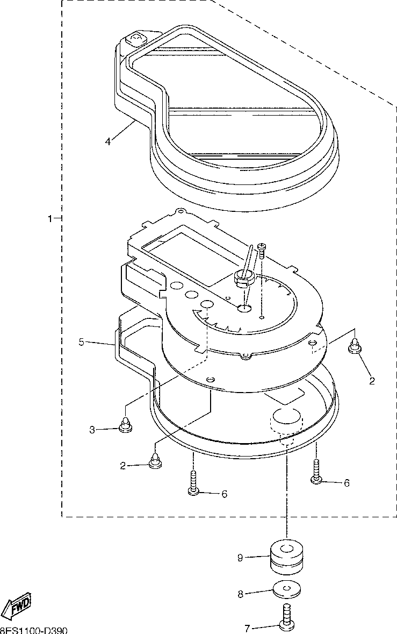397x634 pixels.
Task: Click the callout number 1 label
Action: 50,219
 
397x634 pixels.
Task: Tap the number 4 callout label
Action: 108,141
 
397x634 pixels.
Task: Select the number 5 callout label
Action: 81,341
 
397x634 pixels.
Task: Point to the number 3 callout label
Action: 92,429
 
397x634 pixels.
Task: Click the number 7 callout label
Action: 247,628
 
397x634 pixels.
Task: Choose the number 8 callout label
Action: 241,594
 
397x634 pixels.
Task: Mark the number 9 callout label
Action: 241,558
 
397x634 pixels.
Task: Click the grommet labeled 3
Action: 125,425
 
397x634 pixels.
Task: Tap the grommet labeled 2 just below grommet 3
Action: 155,461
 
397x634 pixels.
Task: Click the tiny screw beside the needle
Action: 262,247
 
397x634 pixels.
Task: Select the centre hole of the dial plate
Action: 244,308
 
